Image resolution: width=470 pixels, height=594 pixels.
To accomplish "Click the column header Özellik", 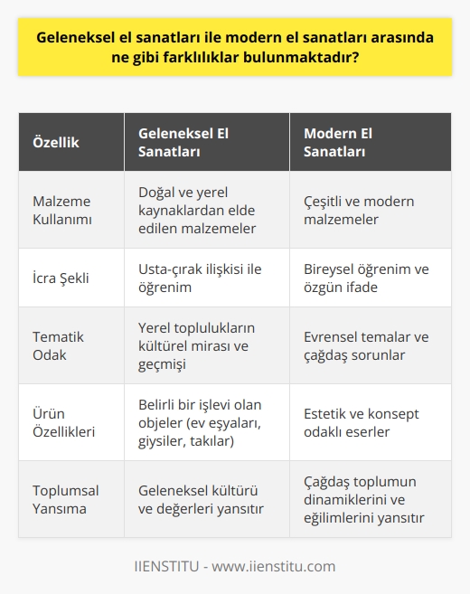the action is click(x=57, y=143).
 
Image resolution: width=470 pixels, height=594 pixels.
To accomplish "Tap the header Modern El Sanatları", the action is click(x=336, y=143).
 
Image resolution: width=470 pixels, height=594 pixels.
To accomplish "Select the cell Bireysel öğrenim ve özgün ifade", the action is click(x=365, y=278).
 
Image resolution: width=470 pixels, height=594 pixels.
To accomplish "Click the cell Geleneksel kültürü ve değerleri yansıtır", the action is click(x=200, y=499).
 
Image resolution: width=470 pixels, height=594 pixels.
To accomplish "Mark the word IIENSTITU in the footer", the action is click(x=165, y=567).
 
